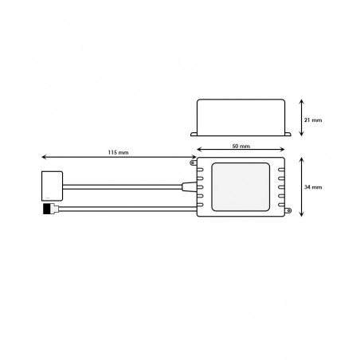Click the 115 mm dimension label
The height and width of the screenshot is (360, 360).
click(x=118, y=152)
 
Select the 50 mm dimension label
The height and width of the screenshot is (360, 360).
click(x=241, y=146)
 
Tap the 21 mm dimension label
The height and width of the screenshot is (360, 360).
click(x=313, y=120)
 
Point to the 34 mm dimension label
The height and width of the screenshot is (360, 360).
click(x=313, y=187)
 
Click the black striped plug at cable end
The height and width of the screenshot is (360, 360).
click(x=47, y=209)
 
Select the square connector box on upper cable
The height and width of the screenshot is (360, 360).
click(x=53, y=186)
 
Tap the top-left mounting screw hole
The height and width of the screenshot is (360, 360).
click(x=193, y=162)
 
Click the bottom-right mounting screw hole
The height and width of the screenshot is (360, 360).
click(x=288, y=211)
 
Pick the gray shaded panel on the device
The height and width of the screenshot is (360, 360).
click(x=241, y=187)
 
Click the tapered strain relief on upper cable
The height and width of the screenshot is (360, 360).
click(x=189, y=186)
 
